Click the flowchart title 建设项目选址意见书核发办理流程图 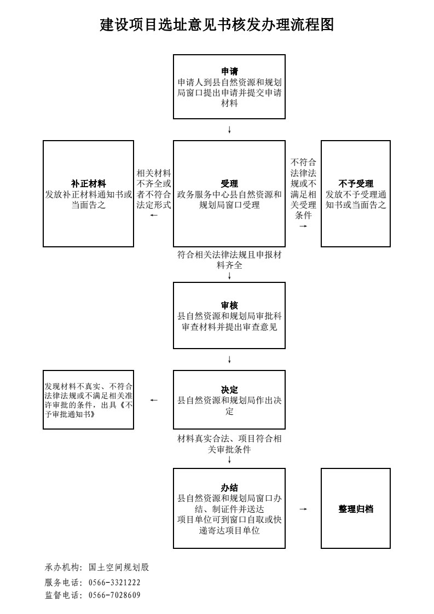(x=217, y=25)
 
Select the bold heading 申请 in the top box (x=229, y=71)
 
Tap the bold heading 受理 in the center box (x=229, y=184)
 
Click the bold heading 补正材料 (x=89, y=184)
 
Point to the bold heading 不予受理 (x=356, y=184)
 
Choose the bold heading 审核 (x=229, y=305)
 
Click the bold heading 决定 (x=229, y=390)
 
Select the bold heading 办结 (x=229, y=488)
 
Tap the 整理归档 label (x=356, y=509)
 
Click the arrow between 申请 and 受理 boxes (x=229, y=130)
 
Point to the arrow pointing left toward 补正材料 (x=154, y=216)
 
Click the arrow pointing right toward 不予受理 (x=303, y=226)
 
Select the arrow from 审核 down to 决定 (x=229, y=360)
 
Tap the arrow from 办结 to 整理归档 (x=303, y=509)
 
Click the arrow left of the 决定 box (x=154, y=400)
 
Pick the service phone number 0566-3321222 (x=114, y=582)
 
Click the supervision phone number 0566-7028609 (x=114, y=595)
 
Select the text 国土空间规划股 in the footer (x=119, y=567)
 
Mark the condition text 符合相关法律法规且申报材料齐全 (x=229, y=260)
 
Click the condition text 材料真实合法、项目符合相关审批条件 (x=229, y=444)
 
